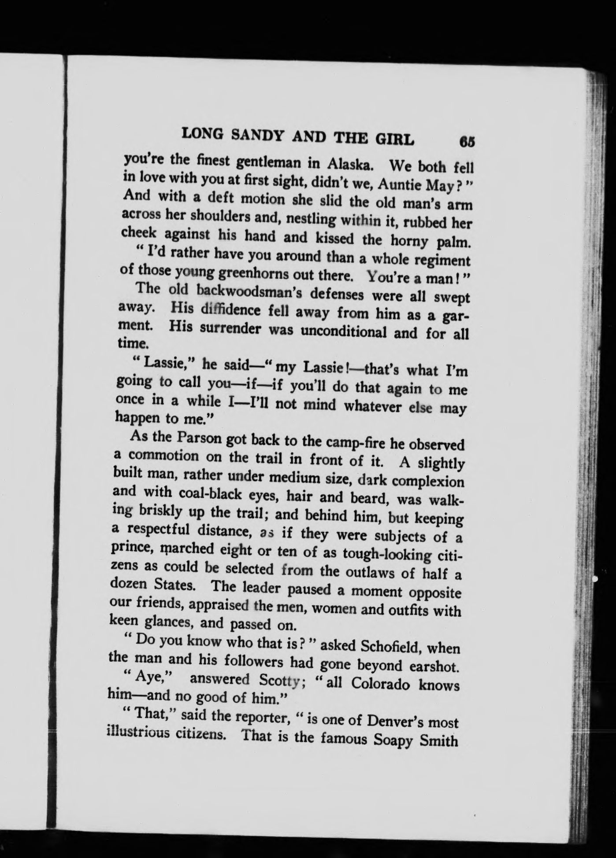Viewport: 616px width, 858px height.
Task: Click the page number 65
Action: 467,142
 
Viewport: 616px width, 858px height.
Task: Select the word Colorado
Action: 378,685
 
